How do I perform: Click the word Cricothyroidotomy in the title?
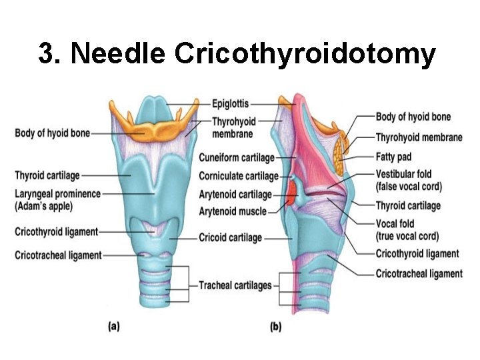[305, 54]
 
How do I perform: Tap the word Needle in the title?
[117, 54]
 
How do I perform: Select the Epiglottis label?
[230, 103]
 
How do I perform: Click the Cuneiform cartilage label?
[237, 158]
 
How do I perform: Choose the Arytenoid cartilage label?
[235, 195]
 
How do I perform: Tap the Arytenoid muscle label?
[233, 212]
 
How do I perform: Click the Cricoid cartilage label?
[231, 237]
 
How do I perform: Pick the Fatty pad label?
[394, 157]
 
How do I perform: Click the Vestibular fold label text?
[404, 175]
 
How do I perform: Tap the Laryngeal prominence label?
[58, 194]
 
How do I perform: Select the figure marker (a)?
[113, 327]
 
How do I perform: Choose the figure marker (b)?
[275, 327]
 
